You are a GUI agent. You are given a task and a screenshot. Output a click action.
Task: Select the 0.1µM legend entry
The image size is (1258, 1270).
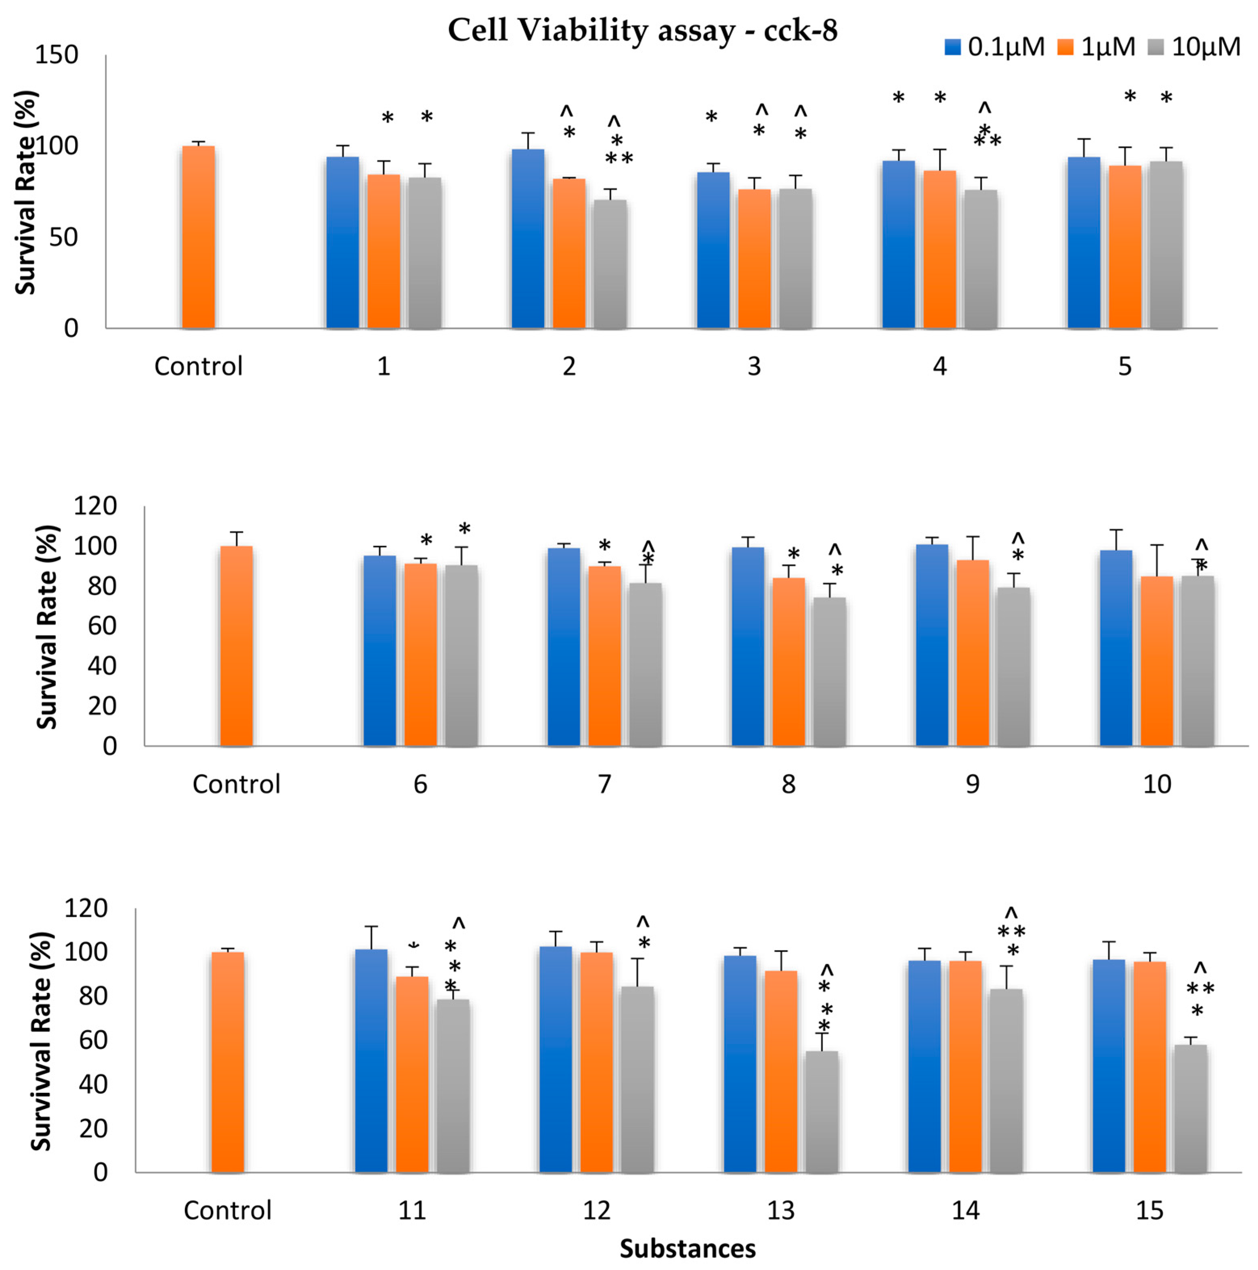(994, 47)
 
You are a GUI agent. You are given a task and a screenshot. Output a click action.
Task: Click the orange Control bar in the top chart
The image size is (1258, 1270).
(198, 236)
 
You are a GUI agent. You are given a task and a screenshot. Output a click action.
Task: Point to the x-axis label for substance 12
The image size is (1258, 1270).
(596, 1210)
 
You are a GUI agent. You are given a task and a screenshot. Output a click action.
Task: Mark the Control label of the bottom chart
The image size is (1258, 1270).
(228, 1210)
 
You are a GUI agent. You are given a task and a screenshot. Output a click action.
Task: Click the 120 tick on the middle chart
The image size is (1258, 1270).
(95, 506)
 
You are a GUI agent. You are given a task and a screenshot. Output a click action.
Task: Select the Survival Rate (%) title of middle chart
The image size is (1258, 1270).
(47, 626)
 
